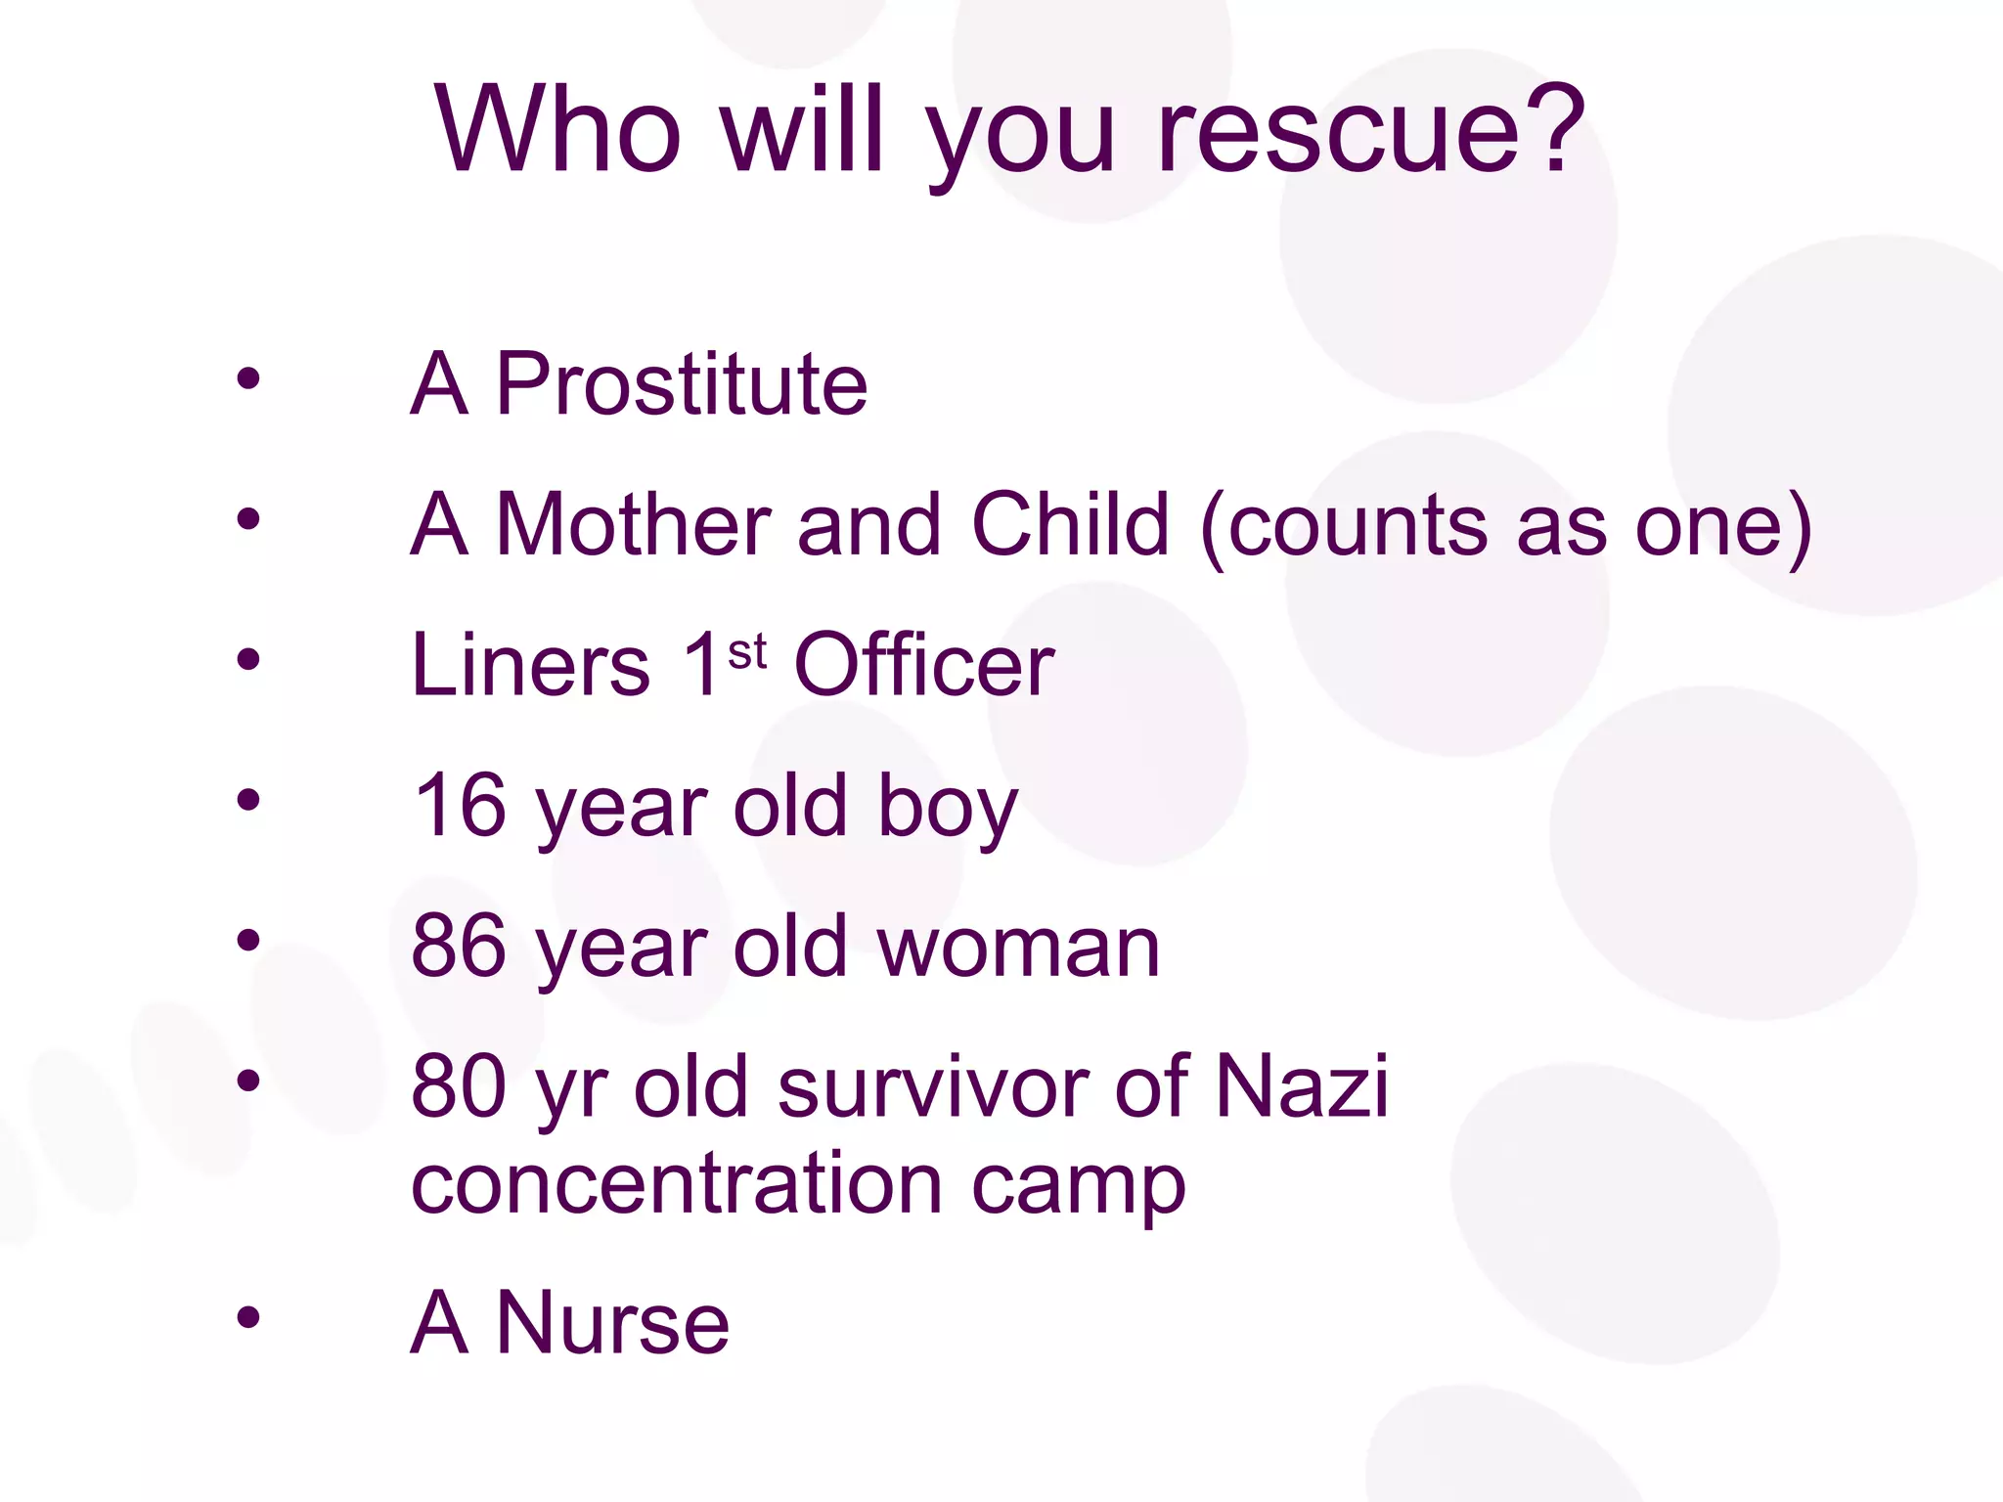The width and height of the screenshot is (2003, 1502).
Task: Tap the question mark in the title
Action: (1554, 127)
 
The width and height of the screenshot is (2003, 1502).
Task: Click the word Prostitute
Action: (682, 384)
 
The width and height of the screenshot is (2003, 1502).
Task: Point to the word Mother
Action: (634, 525)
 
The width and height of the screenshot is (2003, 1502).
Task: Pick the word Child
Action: (1071, 525)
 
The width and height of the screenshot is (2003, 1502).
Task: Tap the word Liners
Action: (531, 665)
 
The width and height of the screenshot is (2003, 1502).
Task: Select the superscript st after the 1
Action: (747, 652)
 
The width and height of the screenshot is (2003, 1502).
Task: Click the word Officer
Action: (924, 665)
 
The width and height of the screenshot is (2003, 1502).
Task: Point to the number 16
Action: (460, 806)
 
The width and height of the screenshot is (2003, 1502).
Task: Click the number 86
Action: (460, 947)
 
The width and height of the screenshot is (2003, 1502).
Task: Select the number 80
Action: (460, 1086)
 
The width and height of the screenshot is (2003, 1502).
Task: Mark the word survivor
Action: (933, 1086)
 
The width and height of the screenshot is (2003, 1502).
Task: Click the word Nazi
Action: (1301, 1086)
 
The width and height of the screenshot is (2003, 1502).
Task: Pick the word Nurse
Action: (613, 1323)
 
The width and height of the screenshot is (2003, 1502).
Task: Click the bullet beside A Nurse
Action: (248, 1317)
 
